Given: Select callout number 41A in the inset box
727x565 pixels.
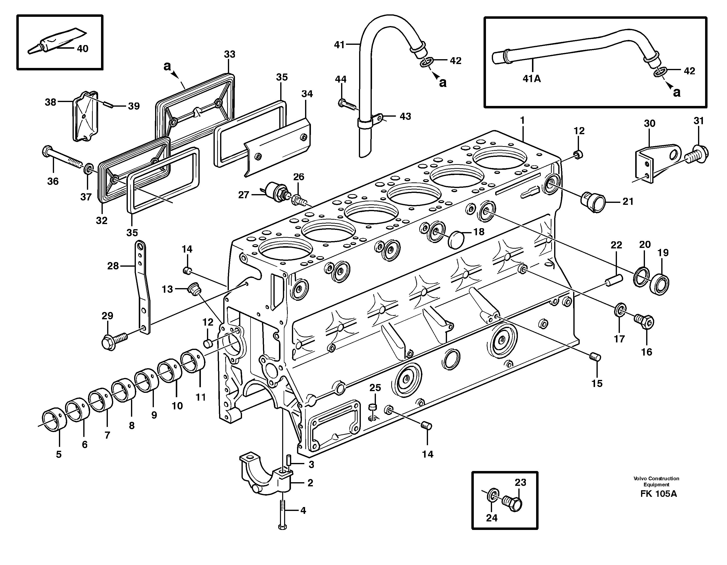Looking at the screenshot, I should coord(531,79).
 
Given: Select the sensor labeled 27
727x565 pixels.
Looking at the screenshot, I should coord(275,191).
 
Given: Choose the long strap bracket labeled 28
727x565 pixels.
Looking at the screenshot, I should coord(142,286).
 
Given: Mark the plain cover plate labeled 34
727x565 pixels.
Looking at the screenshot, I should coord(278,147).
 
